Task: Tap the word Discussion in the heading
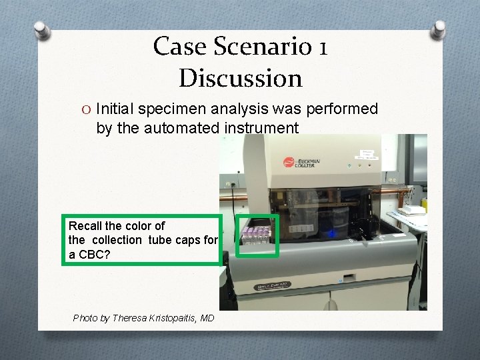pyautogui.click(x=241, y=78)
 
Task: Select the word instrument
pyautogui.click(x=259, y=128)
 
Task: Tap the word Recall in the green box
pyautogui.click(x=87, y=225)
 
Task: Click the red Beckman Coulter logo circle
pyautogui.click(x=289, y=162)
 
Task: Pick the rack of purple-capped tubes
pyautogui.click(x=257, y=235)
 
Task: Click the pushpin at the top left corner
pyautogui.click(x=41, y=30)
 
